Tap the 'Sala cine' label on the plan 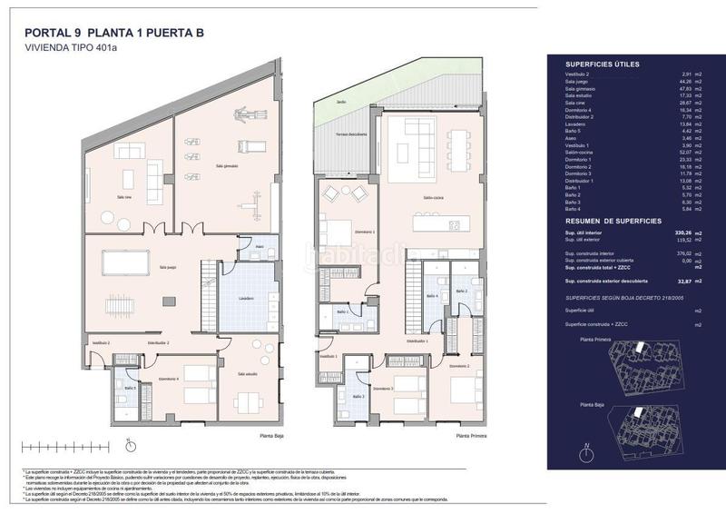124,196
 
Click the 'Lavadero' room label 247,298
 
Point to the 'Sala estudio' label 248,373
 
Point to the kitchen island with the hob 440,223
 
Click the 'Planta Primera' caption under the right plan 472,436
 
